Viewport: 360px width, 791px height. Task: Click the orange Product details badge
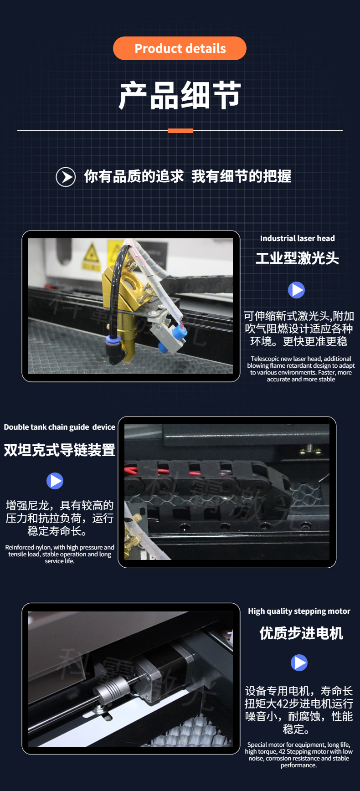click(x=180, y=48)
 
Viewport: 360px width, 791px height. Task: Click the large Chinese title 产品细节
click(x=180, y=95)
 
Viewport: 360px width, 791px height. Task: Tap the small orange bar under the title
click(x=180, y=131)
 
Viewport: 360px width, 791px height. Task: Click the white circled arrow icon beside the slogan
click(x=66, y=177)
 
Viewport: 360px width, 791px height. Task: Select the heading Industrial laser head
click(x=297, y=238)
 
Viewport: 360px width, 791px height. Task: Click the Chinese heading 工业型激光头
click(x=297, y=258)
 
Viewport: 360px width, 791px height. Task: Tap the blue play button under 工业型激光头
click(x=296, y=290)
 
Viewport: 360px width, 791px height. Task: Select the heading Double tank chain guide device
click(x=60, y=427)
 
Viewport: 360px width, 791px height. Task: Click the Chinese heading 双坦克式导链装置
click(x=60, y=450)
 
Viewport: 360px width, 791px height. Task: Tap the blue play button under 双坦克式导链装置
click(x=55, y=481)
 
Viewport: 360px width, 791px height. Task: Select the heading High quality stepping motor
click(x=299, y=611)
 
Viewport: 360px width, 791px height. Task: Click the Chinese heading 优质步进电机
click(x=301, y=633)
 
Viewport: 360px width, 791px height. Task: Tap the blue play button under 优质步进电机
click(x=299, y=663)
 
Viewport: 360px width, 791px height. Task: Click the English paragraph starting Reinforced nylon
click(x=60, y=554)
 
